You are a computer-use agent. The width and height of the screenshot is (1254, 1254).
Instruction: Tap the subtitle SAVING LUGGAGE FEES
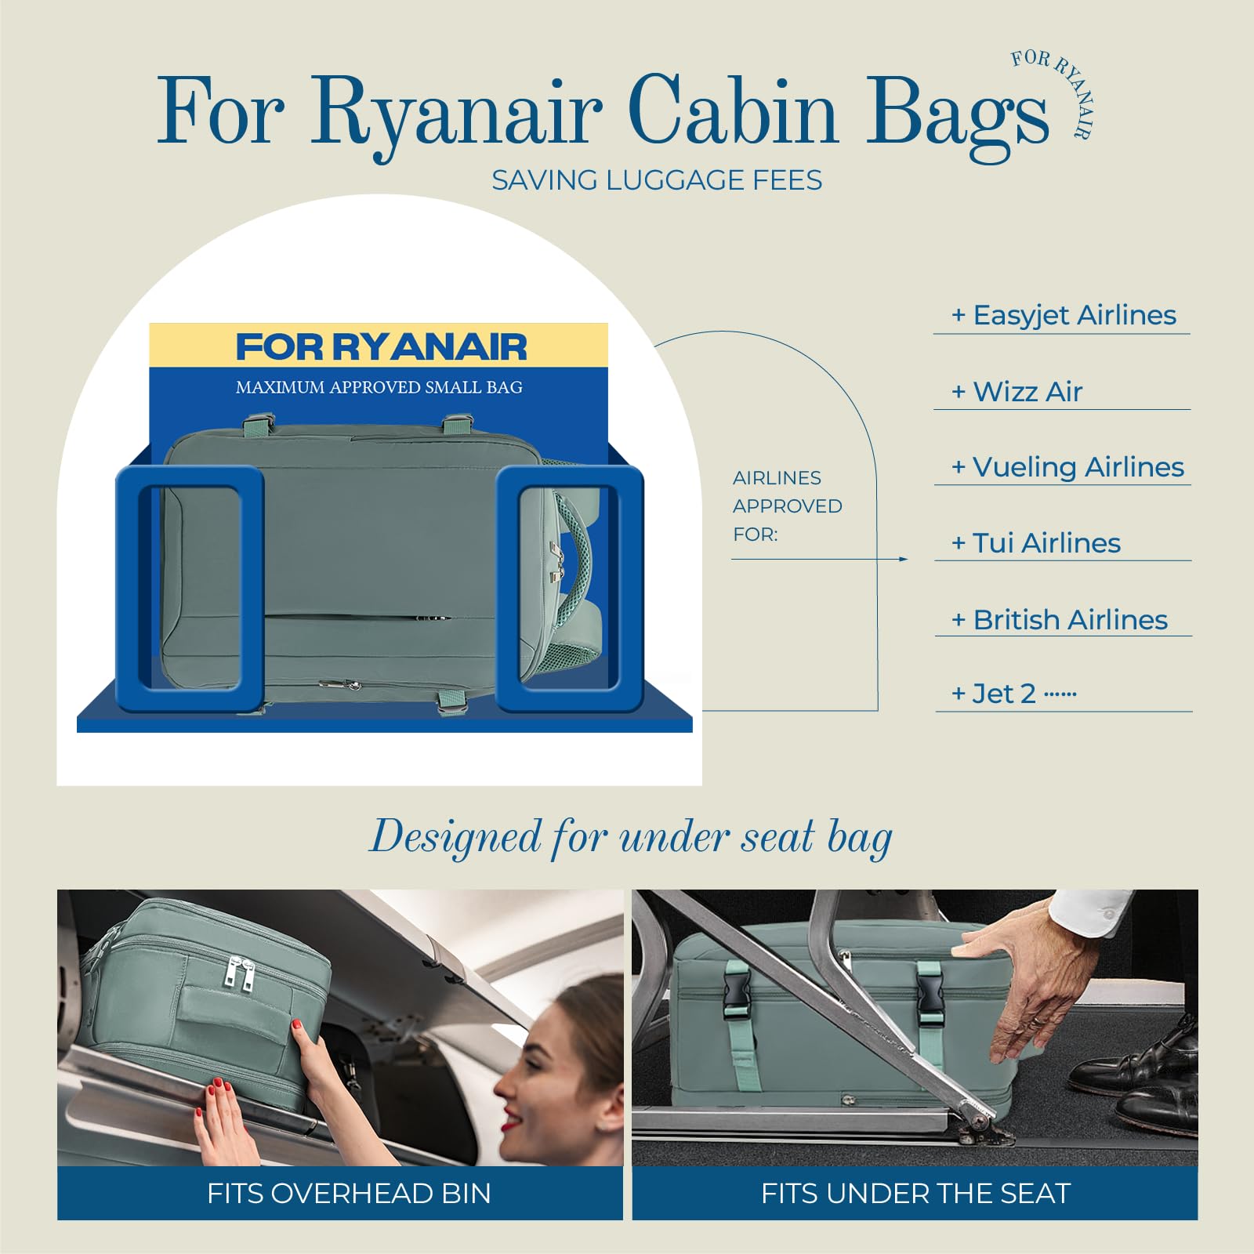pyautogui.click(x=657, y=180)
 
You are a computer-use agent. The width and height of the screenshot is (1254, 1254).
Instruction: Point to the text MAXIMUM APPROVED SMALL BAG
pyautogui.click(x=379, y=387)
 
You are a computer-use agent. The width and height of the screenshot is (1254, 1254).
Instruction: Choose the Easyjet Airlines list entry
pyautogui.click(x=1064, y=315)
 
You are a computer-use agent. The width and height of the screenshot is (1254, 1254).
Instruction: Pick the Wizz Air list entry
pyautogui.click(x=1017, y=391)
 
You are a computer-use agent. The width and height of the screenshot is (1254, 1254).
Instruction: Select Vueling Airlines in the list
pyautogui.click(x=1067, y=467)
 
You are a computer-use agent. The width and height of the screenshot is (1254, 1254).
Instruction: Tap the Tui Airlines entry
pyautogui.click(x=1035, y=543)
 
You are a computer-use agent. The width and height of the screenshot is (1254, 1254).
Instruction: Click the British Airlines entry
pyautogui.click(x=1060, y=620)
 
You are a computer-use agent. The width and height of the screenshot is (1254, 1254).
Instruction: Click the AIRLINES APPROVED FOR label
pyautogui.click(x=788, y=506)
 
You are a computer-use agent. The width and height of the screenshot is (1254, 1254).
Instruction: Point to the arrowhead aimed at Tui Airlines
pyautogui.click(x=904, y=559)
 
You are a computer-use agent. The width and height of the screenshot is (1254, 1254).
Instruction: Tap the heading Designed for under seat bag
pyautogui.click(x=631, y=837)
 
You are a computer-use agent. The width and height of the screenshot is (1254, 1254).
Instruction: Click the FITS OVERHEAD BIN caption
pyautogui.click(x=349, y=1194)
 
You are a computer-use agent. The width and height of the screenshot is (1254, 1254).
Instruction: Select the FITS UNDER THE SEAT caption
pyautogui.click(x=915, y=1194)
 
